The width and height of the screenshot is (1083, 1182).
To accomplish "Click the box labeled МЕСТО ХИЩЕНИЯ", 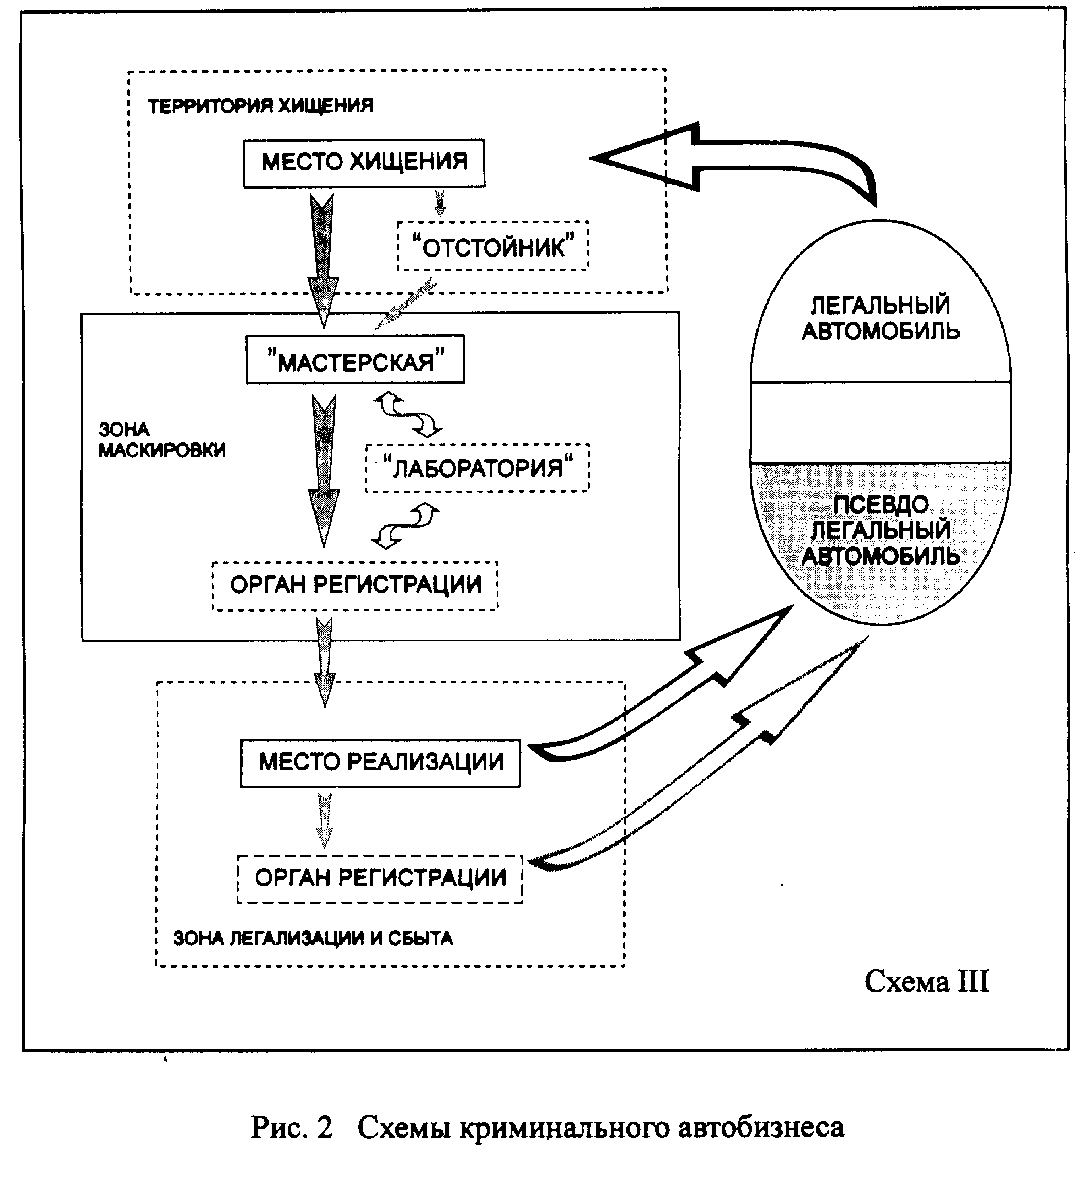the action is [x=364, y=163].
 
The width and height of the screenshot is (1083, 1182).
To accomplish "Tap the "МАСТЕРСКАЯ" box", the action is [x=355, y=359].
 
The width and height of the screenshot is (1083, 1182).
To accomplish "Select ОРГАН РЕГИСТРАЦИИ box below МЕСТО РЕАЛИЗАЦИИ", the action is [x=380, y=879].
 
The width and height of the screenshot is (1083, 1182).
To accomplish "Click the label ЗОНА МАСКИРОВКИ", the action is [x=162, y=440].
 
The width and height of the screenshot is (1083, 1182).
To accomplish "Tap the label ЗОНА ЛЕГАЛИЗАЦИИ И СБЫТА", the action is [x=313, y=938].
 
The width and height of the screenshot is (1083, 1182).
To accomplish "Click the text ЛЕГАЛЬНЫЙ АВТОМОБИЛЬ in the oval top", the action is [x=880, y=318].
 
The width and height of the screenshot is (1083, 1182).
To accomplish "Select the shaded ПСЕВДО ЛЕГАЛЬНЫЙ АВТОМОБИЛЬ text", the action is [x=880, y=530].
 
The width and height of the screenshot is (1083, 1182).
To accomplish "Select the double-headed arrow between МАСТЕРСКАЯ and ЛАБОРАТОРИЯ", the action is [x=407, y=415].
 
